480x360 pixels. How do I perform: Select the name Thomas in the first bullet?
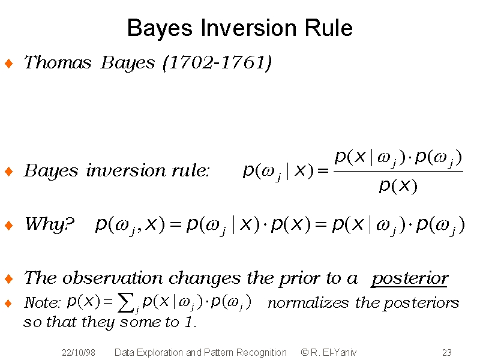[x=58, y=62]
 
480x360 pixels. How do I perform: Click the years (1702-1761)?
[x=217, y=63]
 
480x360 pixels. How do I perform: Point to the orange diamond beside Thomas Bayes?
[x=9, y=64]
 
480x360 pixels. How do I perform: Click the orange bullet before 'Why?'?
[x=9, y=226]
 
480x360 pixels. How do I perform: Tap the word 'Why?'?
[x=50, y=224]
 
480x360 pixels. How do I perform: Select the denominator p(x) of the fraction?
[x=398, y=185]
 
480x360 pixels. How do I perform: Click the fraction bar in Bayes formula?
[x=398, y=171]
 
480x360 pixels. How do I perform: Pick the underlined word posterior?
[x=410, y=278]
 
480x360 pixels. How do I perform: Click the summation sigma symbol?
[x=127, y=302]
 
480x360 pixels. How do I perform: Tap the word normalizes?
[x=308, y=303]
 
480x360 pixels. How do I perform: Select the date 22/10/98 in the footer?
[x=79, y=353]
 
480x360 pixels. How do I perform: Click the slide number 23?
[x=446, y=353]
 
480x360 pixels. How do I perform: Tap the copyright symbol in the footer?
[x=305, y=352]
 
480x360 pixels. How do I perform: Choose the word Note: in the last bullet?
[x=42, y=303]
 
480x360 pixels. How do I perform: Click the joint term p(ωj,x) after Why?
[x=130, y=225]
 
